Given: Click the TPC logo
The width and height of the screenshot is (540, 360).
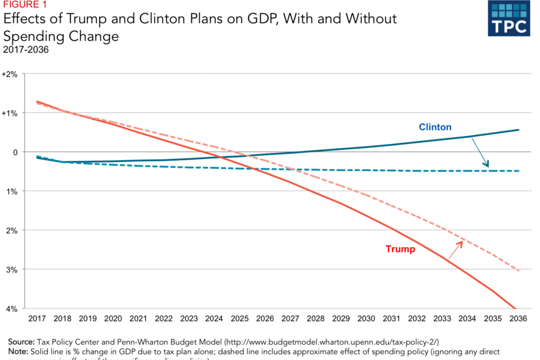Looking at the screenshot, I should (509, 18).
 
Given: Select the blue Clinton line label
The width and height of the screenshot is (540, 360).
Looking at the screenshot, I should (435, 127).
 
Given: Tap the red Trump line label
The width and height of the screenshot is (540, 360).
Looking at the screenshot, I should (400, 249).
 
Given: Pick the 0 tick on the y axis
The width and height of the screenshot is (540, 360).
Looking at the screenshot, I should (16, 152).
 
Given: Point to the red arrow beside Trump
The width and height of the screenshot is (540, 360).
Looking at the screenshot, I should (455, 248).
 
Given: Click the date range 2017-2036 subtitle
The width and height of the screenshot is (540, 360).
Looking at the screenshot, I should (26, 49).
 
